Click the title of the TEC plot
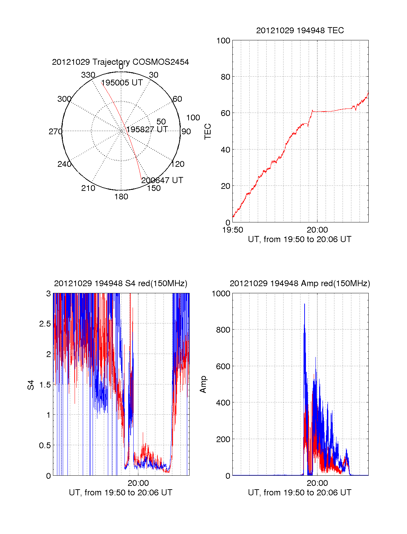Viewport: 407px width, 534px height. click(x=300, y=31)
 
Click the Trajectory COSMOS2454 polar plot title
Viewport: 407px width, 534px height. click(x=120, y=62)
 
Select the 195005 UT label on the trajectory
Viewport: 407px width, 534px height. click(x=122, y=83)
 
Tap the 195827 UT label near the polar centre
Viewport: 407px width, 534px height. click(x=147, y=130)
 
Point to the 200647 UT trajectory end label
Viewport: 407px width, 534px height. click(x=162, y=180)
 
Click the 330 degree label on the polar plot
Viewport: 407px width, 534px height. click(x=88, y=75)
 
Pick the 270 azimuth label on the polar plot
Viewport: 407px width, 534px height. click(x=55, y=132)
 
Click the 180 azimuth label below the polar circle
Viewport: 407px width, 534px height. click(x=121, y=197)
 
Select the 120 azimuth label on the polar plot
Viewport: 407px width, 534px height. click(x=178, y=164)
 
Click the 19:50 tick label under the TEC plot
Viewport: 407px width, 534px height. click(x=233, y=230)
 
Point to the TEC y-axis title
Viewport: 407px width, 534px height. click(x=208, y=132)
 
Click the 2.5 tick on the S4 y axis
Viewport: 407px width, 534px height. click(x=45, y=324)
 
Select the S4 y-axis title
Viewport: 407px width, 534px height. click(x=31, y=385)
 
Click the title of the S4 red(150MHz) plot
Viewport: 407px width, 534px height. click(x=120, y=283)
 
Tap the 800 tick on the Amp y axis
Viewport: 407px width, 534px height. click(x=223, y=330)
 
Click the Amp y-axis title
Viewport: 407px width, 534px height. click(x=203, y=384)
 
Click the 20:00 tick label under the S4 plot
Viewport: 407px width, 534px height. click(x=138, y=483)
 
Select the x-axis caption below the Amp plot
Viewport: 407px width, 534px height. click(x=299, y=493)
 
